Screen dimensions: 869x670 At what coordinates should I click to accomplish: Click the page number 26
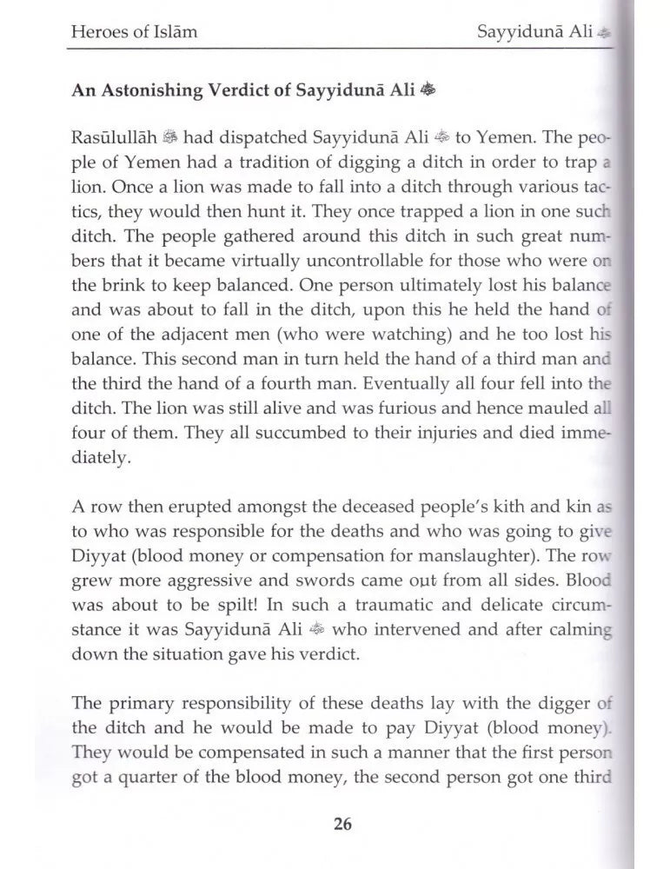pyautogui.click(x=342, y=824)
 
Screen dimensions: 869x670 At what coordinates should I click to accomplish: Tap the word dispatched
pyautogui.click(x=244, y=138)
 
